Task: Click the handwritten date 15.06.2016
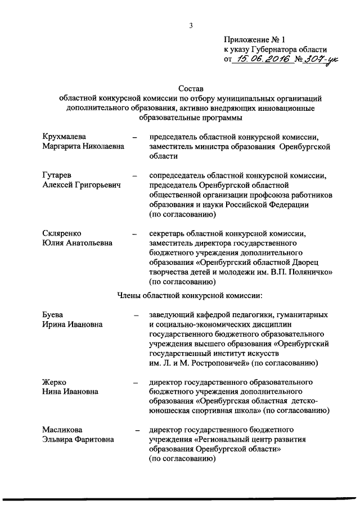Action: [263, 60]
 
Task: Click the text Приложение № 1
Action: [255, 39]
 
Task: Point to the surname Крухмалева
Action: [66, 137]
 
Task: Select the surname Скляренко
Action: [64, 233]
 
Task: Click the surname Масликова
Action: [64, 430]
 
